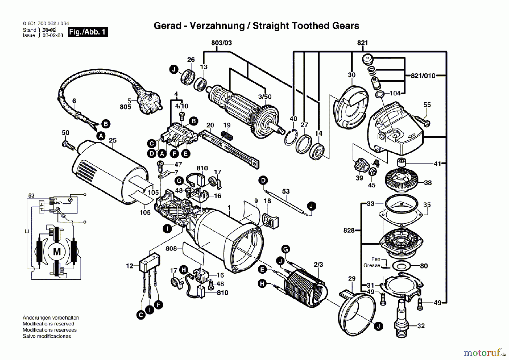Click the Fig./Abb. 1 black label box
click(x=88, y=32)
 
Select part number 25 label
click(x=113, y=140)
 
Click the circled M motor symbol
click(x=57, y=251)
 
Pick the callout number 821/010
click(x=423, y=76)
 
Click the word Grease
click(x=372, y=265)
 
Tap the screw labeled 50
click(x=68, y=145)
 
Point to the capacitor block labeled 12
click(x=150, y=263)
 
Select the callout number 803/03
click(x=221, y=43)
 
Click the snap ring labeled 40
click(x=291, y=137)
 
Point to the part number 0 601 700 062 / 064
click(x=46, y=23)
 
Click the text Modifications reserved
click(x=48, y=324)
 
